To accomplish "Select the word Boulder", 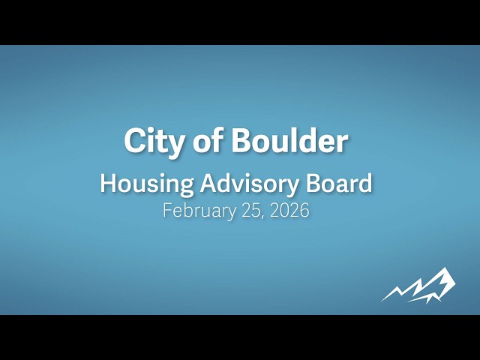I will tap(289, 141).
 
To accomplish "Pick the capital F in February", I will tap(167, 211).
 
